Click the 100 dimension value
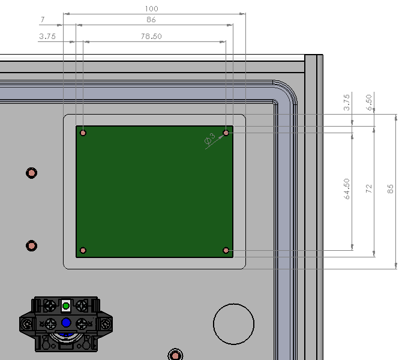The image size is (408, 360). pos(151,9)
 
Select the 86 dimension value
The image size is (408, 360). pos(151,20)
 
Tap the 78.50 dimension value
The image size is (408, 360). pos(151,37)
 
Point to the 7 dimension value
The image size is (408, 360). pos(43,20)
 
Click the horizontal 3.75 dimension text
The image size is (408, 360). pos(47,37)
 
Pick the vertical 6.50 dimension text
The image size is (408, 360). pos(369,103)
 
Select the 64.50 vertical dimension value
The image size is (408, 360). pos(347,189)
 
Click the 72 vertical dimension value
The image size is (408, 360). pos(369,188)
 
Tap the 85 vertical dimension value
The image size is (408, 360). pos(391,189)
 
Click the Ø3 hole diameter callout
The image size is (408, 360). pos(210,139)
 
